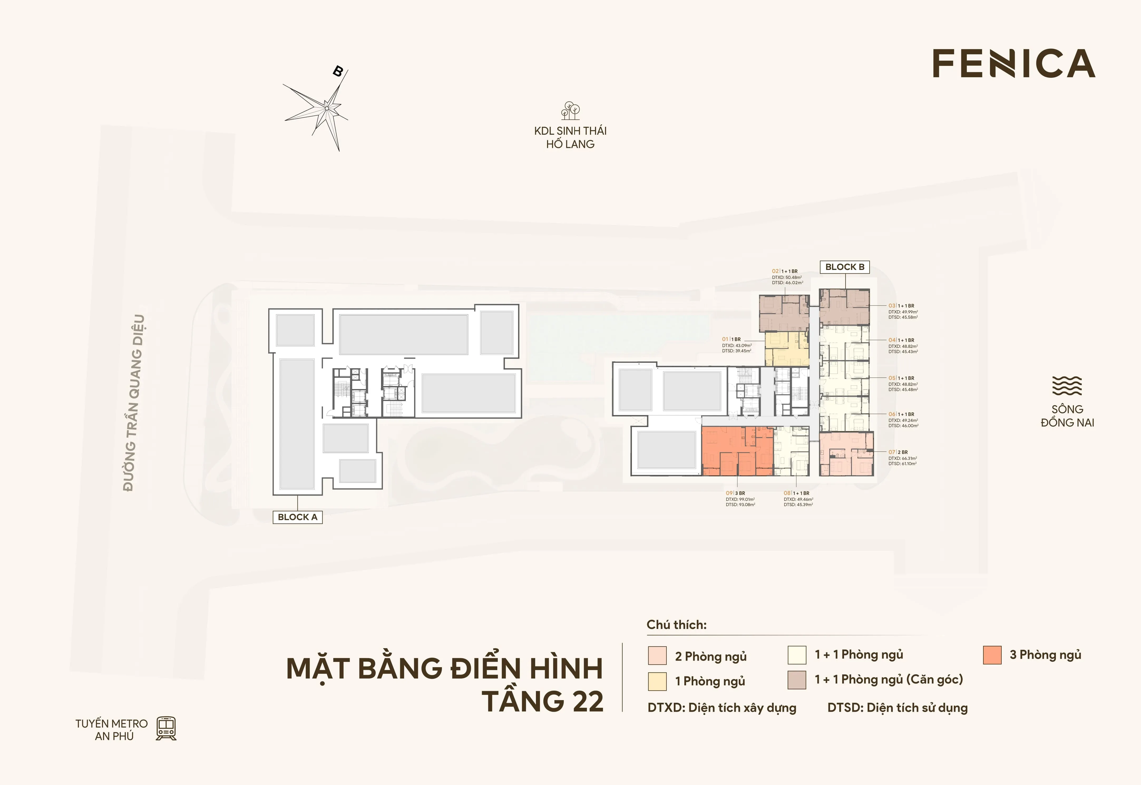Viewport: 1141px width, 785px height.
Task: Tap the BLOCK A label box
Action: pos(298,517)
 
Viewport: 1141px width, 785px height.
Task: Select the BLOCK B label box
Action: pos(845,267)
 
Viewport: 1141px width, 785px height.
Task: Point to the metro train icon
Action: pos(166,728)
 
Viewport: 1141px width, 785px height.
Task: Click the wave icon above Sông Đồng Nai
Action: pos(1067,386)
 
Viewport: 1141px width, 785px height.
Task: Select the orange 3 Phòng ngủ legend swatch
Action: pos(992,655)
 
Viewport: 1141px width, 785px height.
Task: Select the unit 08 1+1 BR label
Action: pos(796,493)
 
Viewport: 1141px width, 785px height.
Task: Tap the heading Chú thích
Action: pos(676,625)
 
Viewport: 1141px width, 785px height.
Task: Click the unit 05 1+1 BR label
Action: pos(901,378)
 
